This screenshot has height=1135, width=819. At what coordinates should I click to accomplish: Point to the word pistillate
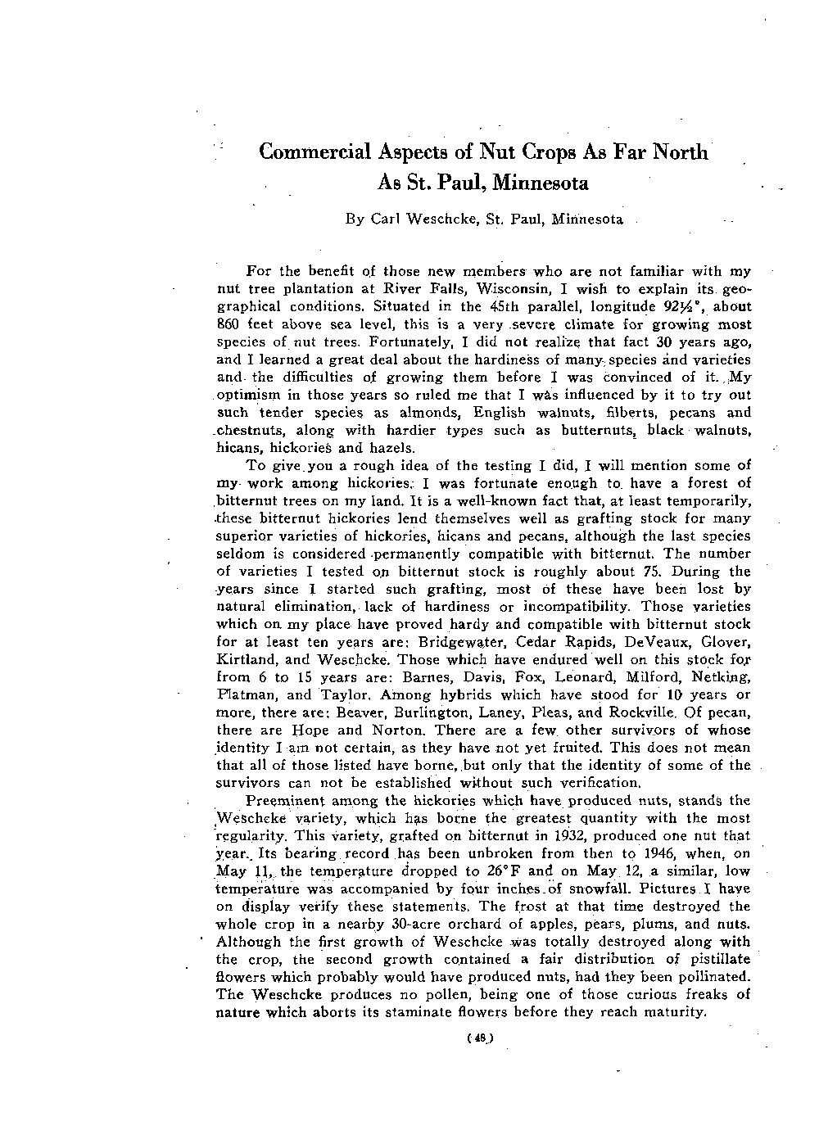pyautogui.click(x=718, y=959)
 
